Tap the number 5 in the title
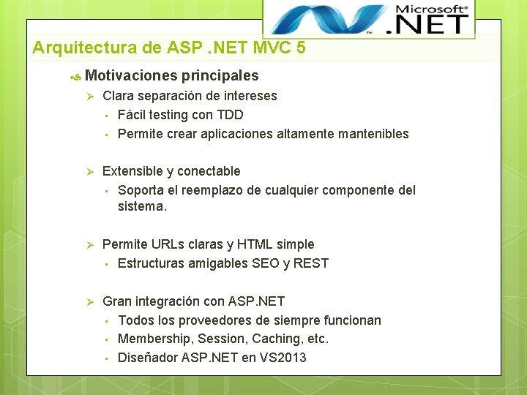click(301, 48)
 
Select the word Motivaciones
click(130, 75)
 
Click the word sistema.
click(141, 206)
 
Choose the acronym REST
click(310, 263)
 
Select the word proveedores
click(202, 320)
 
